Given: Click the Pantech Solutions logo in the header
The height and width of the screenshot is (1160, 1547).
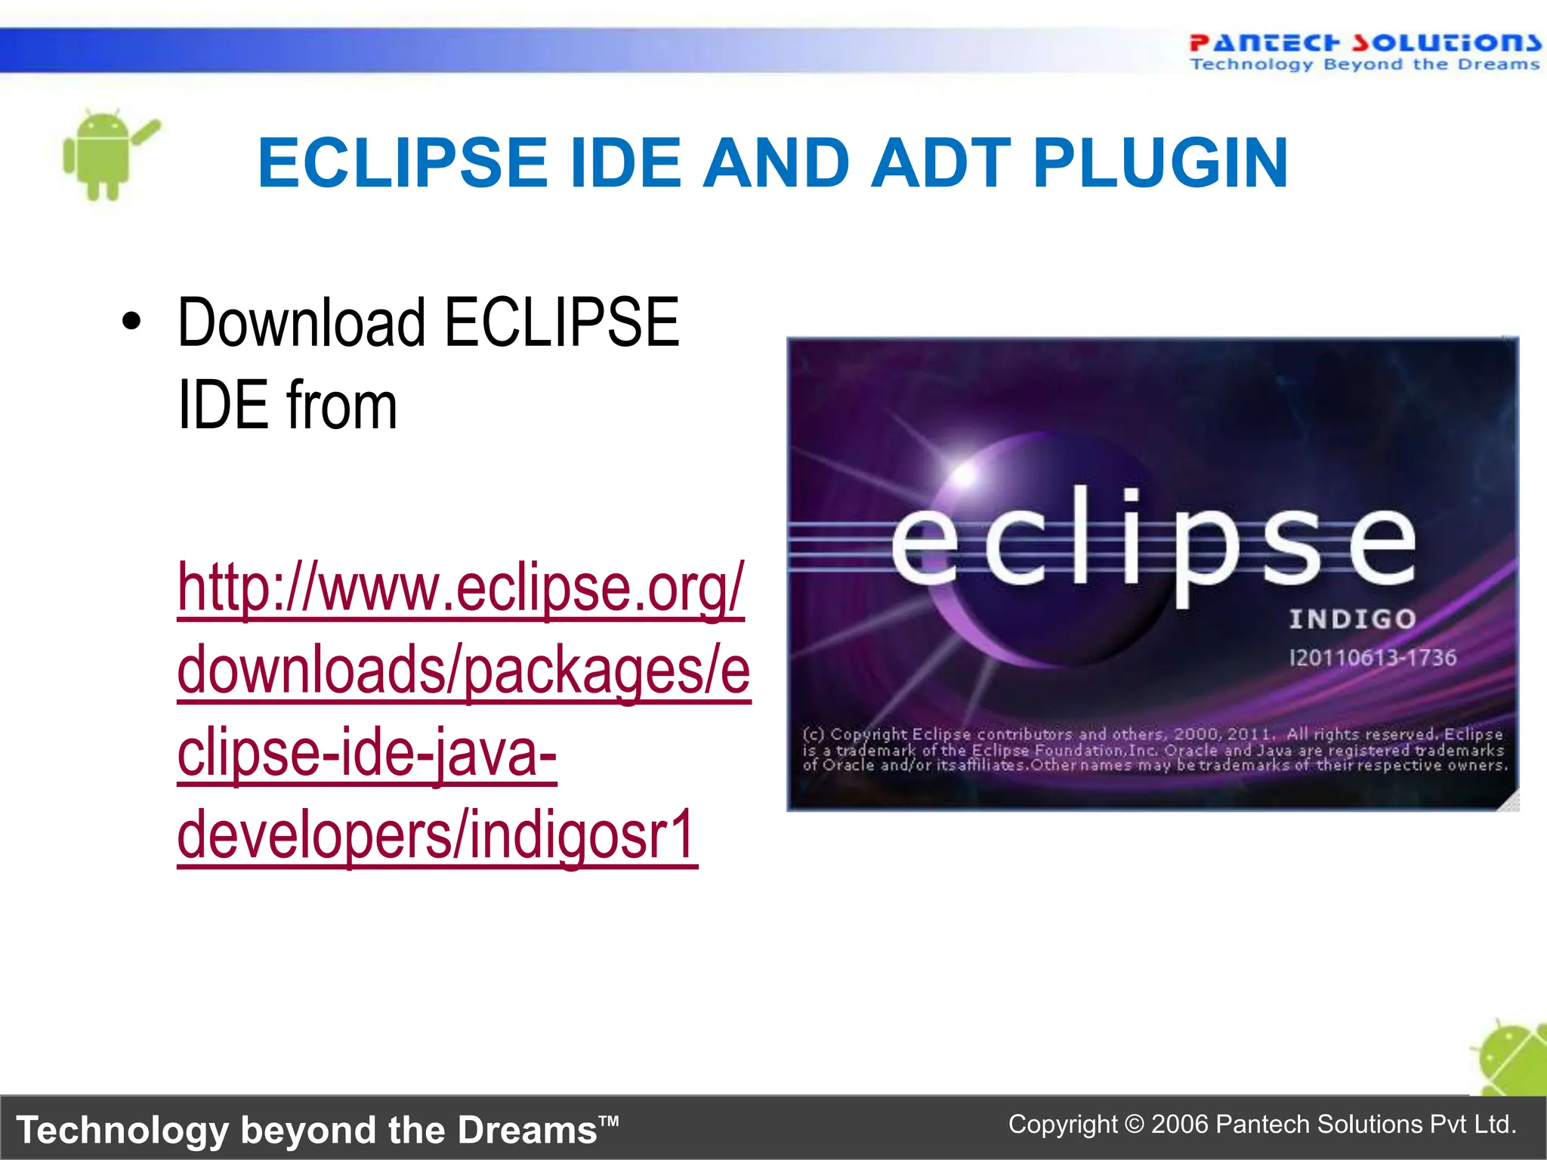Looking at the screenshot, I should coord(1363,43).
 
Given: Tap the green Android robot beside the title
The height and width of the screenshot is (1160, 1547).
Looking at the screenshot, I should coord(106,155).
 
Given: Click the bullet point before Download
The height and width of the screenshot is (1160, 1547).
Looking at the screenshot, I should coord(131,321).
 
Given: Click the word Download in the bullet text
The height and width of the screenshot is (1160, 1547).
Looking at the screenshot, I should coord(301,322).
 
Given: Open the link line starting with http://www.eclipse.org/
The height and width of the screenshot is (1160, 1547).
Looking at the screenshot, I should coord(461,588).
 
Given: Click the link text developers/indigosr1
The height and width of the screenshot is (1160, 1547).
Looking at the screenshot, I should coord(437,835).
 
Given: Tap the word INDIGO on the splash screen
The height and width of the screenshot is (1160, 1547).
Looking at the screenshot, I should coord(1352,619).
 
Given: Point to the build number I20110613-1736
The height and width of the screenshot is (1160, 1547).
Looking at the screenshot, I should coord(1373,657).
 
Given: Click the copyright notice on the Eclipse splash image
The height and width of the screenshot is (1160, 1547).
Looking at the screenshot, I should coord(1153,749).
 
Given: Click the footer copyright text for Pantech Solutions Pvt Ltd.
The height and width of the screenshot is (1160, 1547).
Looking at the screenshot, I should coord(1261,1125).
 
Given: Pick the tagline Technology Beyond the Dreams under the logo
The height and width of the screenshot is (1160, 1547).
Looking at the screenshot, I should coord(1363,65).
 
